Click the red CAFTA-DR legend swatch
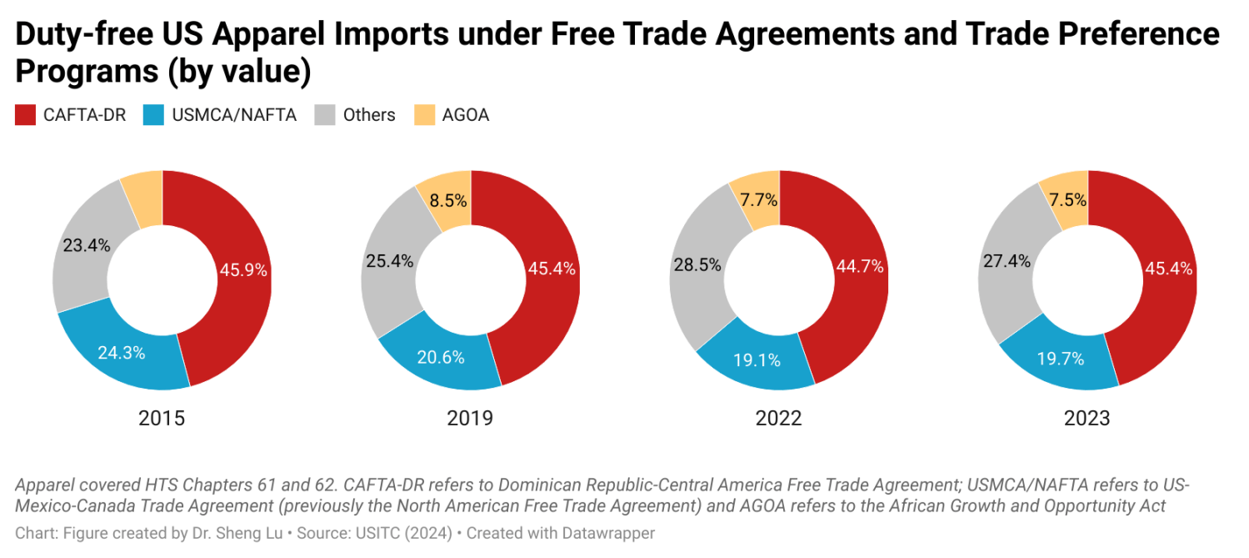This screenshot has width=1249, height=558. (x=25, y=115)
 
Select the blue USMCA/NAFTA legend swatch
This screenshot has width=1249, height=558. (x=154, y=115)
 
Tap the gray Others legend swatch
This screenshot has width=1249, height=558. (x=325, y=115)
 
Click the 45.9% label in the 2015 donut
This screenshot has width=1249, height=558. (x=243, y=269)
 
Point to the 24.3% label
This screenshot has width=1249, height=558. (x=122, y=352)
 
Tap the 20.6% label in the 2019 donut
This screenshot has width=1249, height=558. (x=441, y=357)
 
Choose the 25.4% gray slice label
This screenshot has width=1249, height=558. (x=389, y=261)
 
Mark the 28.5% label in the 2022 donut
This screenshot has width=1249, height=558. (x=697, y=264)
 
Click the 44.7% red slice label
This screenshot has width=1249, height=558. (x=860, y=267)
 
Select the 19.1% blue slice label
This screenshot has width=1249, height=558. (x=757, y=360)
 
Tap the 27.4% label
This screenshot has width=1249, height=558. (x=1006, y=261)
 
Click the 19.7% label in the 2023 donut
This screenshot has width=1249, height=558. (x=1060, y=359)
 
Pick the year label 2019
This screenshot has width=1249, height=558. (x=470, y=418)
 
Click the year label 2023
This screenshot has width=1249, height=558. (x=1087, y=418)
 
